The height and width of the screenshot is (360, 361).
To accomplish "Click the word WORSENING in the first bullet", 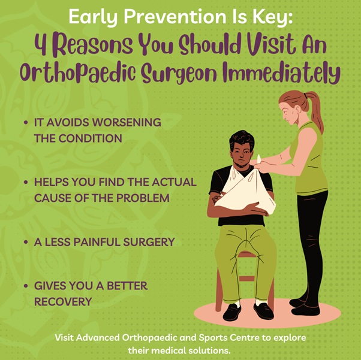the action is pyautogui.click(x=127, y=122).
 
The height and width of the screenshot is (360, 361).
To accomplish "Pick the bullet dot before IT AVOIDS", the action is pyautogui.click(x=26, y=122).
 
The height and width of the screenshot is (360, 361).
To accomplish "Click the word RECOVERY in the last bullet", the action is pyautogui.click(x=63, y=301).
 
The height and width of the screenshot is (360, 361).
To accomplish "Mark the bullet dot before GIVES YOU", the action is pyautogui.click(x=26, y=286).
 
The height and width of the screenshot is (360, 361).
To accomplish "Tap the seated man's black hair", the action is pyautogui.click(x=242, y=140).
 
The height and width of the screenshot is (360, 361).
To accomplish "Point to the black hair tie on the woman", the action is pyautogui.click(x=305, y=95).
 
